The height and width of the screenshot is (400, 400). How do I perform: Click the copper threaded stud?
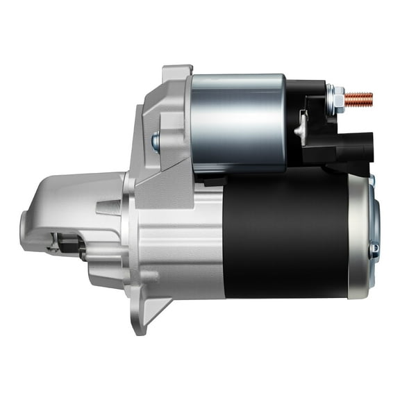click(358, 99)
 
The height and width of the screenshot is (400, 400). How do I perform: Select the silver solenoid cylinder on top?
click(237, 122)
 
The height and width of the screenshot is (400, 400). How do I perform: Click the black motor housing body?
click(285, 236)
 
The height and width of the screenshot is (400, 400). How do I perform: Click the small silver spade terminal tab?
click(301, 128)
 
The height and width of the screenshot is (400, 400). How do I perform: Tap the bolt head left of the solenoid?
click(156, 142)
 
